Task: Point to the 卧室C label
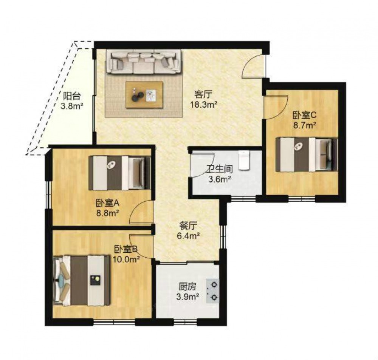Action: [304, 115]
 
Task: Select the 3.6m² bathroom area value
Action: [219, 179]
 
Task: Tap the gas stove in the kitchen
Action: [213, 291]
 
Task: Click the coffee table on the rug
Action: [144, 95]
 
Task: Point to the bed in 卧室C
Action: [307, 155]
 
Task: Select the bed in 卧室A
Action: [119, 173]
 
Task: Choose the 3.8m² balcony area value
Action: [71, 106]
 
